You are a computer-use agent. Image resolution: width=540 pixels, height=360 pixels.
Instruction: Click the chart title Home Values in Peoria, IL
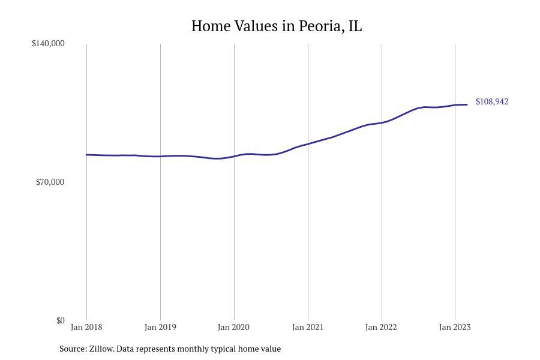[x=277, y=26]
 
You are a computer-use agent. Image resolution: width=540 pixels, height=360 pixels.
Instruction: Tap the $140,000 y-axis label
[x=48, y=43]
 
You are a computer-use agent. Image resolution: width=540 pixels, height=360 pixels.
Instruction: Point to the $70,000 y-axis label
[x=50, y=182]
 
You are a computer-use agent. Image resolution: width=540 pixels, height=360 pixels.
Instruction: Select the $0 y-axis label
[x=60, y=320]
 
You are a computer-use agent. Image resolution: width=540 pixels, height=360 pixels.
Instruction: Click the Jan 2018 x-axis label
[x=86, y=327]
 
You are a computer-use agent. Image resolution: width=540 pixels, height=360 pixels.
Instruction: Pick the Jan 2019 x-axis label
[x=160, y=327]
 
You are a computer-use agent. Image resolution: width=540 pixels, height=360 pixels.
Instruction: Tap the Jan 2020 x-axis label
[x=234, y=327]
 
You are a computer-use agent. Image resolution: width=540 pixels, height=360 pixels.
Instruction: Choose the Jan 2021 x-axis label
[x=308, y=327]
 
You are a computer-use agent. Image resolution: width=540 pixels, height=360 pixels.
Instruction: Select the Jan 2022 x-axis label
[x=382, y=327]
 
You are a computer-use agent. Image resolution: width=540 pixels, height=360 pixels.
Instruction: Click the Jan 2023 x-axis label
[x=455, y=327]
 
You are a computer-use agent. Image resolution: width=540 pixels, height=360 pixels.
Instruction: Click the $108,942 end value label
[x=492, y=101]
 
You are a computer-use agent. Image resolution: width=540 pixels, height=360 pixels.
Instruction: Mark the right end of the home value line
[x=467, y=105]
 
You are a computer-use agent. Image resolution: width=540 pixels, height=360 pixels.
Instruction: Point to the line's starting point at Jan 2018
[x=87, y=155]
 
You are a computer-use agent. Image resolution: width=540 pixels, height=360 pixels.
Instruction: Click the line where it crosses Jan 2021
[x=308, y=144]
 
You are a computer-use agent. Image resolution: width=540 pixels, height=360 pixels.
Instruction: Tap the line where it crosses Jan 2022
[x=382, y=122]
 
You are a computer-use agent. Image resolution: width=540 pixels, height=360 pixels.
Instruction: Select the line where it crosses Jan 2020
[x=234, y=157]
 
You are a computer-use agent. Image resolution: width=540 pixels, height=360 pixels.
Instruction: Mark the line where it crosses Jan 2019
[x=160, y=157]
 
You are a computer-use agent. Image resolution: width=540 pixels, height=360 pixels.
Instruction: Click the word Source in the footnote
[x=73, y=349]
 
